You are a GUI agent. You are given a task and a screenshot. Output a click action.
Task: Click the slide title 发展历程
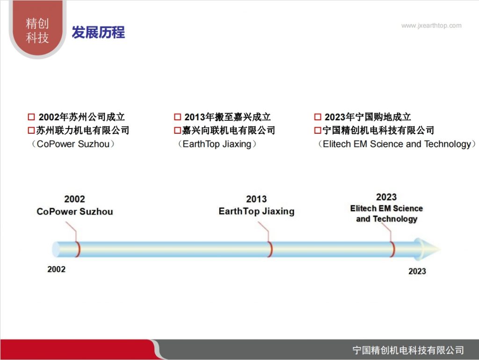point(98,32)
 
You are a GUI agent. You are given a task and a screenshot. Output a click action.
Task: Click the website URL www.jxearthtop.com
point(431,26)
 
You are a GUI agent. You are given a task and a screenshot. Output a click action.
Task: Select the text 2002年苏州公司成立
point(81,117)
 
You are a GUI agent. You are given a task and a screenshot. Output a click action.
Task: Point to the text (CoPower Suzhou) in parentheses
point(73,144)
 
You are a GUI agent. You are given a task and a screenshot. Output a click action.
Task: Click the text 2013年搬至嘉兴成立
point(227,117)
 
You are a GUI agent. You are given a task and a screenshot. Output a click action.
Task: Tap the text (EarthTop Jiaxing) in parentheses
point(217,144)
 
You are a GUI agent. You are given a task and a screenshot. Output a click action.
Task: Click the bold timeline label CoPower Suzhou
point(75,211)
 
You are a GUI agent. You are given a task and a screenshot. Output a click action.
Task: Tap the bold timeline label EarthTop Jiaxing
point(256,211)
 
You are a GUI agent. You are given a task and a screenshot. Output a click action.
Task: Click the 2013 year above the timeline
point(256,199)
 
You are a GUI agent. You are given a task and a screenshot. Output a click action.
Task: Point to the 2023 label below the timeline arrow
point(417,271)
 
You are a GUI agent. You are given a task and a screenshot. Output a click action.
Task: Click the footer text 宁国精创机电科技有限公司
point(408,350)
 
